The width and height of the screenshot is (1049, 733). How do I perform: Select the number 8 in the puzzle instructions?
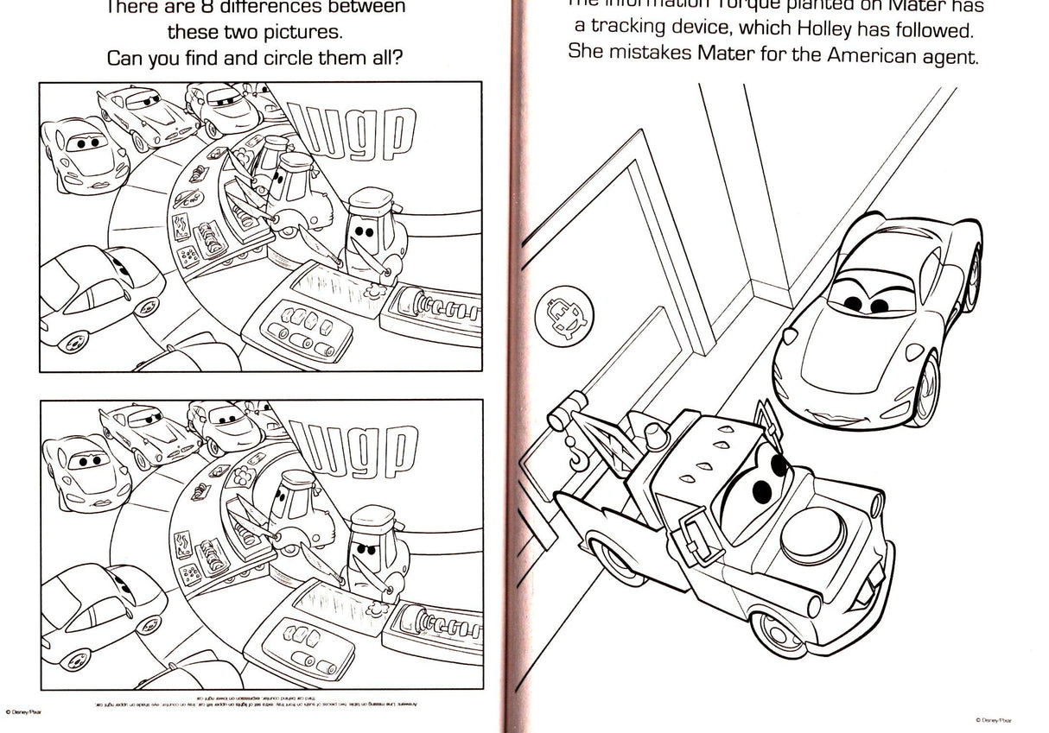[x=213, y=9]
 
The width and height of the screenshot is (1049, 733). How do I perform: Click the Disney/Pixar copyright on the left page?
[x=23, y=711]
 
